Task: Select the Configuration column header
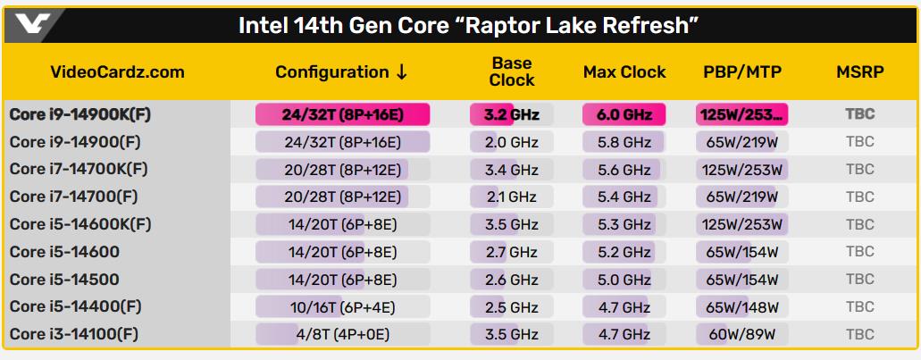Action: [x=341, y=72]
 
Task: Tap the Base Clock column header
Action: [x=512, y=72]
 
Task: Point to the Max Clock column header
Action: [x=624, y=72]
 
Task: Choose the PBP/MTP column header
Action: [x=741, y=72]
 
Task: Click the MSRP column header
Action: [x=859, y=72]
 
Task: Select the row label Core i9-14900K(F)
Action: [x=80, y=114]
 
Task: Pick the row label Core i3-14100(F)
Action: [x=75, y=334]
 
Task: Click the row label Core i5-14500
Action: [x=64, y=279]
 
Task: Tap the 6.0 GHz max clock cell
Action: [x=624, y=114]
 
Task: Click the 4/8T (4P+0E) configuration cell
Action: [x=342, y=334]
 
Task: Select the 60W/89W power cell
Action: [x=741, y=334]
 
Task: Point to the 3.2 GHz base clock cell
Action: [x=511, y=114]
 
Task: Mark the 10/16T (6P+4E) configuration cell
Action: [x=342, y=306]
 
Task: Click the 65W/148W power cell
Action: [x=741, y=306]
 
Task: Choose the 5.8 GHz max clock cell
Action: [x=624, y=142]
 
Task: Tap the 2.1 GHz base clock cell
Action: [x=511, y=197]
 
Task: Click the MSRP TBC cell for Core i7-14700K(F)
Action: [x=859, y=169]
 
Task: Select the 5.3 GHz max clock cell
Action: [x=624, y=224]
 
